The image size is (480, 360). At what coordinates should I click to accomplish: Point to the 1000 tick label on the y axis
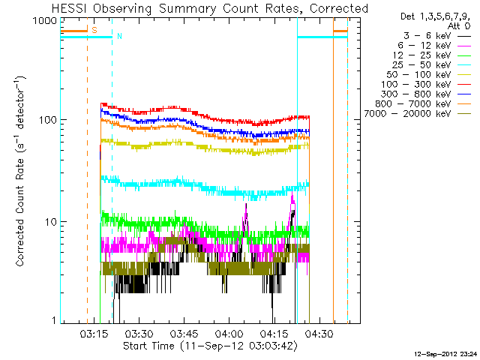49,21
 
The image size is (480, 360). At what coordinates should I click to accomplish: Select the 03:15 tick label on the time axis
94,334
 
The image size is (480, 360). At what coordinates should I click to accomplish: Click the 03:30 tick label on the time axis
139,334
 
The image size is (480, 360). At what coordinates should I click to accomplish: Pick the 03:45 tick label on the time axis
184,334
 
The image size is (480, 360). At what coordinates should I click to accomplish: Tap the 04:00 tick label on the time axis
229,334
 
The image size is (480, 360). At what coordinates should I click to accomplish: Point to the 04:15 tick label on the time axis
274,334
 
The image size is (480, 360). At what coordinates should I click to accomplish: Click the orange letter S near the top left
94,29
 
